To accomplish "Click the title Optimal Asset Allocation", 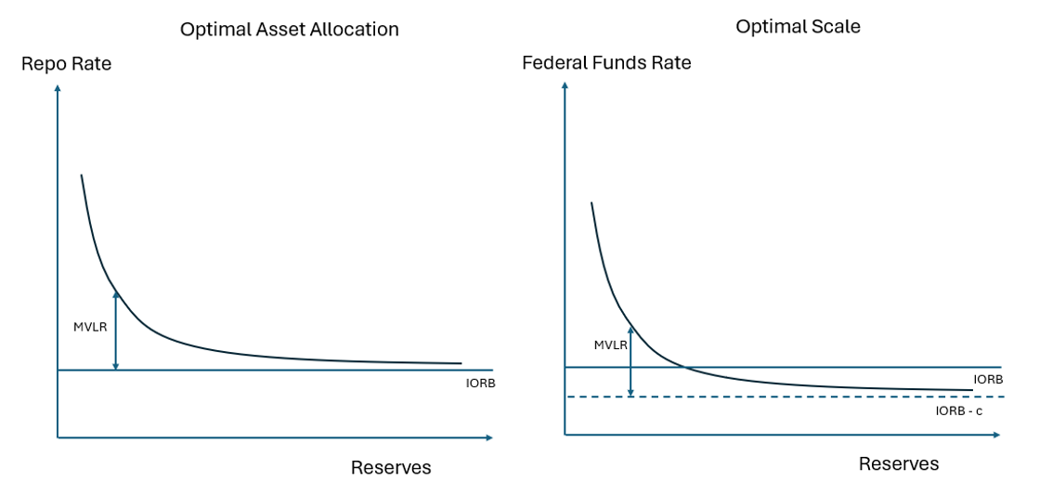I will (x=289, y=30).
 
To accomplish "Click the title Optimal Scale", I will (x=798, y=27).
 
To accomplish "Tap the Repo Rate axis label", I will (x=66, y=64).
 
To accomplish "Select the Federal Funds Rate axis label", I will (x=606, y=63).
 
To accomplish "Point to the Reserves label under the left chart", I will (x=391, y=467).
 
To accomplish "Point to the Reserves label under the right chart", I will (x=898, y=463).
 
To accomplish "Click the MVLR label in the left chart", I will (x=90, y=327).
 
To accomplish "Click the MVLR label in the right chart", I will (x=610, y=345).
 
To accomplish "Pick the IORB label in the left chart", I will (x=480, y=383).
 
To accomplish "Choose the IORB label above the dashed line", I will (x=987, y=380).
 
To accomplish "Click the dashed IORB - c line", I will (x=789, y=397).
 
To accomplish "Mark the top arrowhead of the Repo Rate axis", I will (x=58, y=88).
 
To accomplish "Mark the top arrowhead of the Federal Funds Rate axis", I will (x=565, y=86).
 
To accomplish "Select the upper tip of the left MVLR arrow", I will (x=116, y=293).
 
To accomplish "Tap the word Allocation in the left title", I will (x=356, y=30).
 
